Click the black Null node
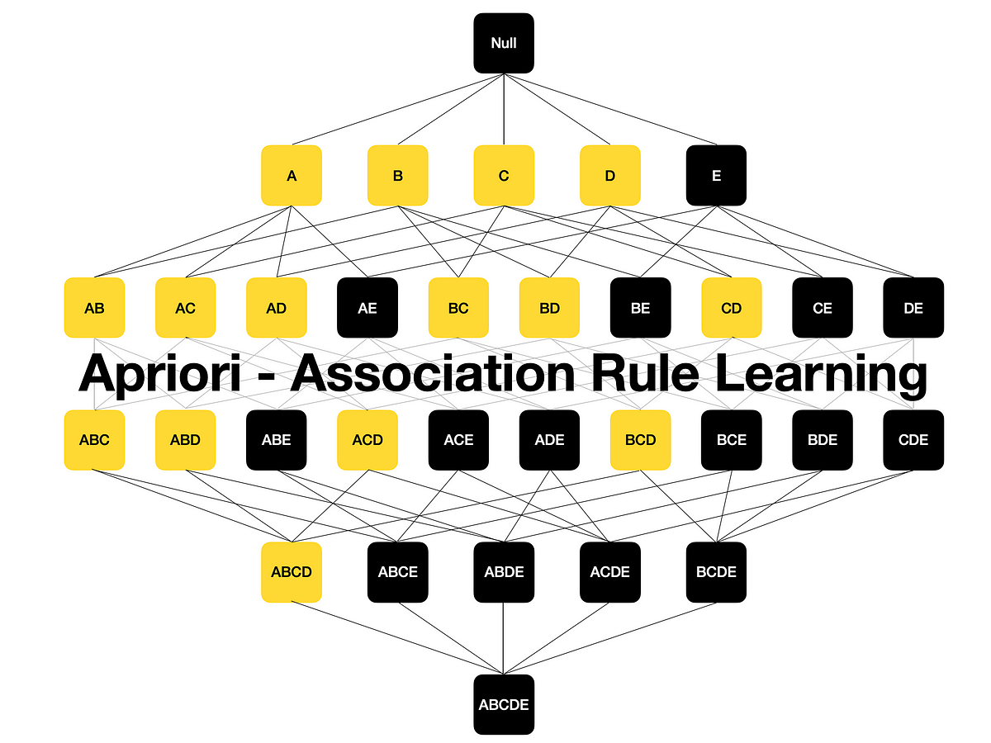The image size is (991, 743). [504, 43]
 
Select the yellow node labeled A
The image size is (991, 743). [292, 175]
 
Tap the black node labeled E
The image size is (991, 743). [716, 175]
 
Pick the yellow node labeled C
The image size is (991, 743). [504, 175]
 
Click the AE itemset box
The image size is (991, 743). [367, 308]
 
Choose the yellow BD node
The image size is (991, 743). [549, 308]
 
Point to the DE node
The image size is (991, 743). [913, 308]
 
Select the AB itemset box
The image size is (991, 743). [94, 308]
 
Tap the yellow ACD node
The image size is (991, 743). [367, 440]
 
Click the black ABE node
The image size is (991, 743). [277, 440]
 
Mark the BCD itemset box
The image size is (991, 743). [640, 440]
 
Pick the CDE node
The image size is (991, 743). [913, 440]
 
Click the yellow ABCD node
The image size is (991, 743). [292, 572]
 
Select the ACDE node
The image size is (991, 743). [610, 572]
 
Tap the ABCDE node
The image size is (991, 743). [504, 704]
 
